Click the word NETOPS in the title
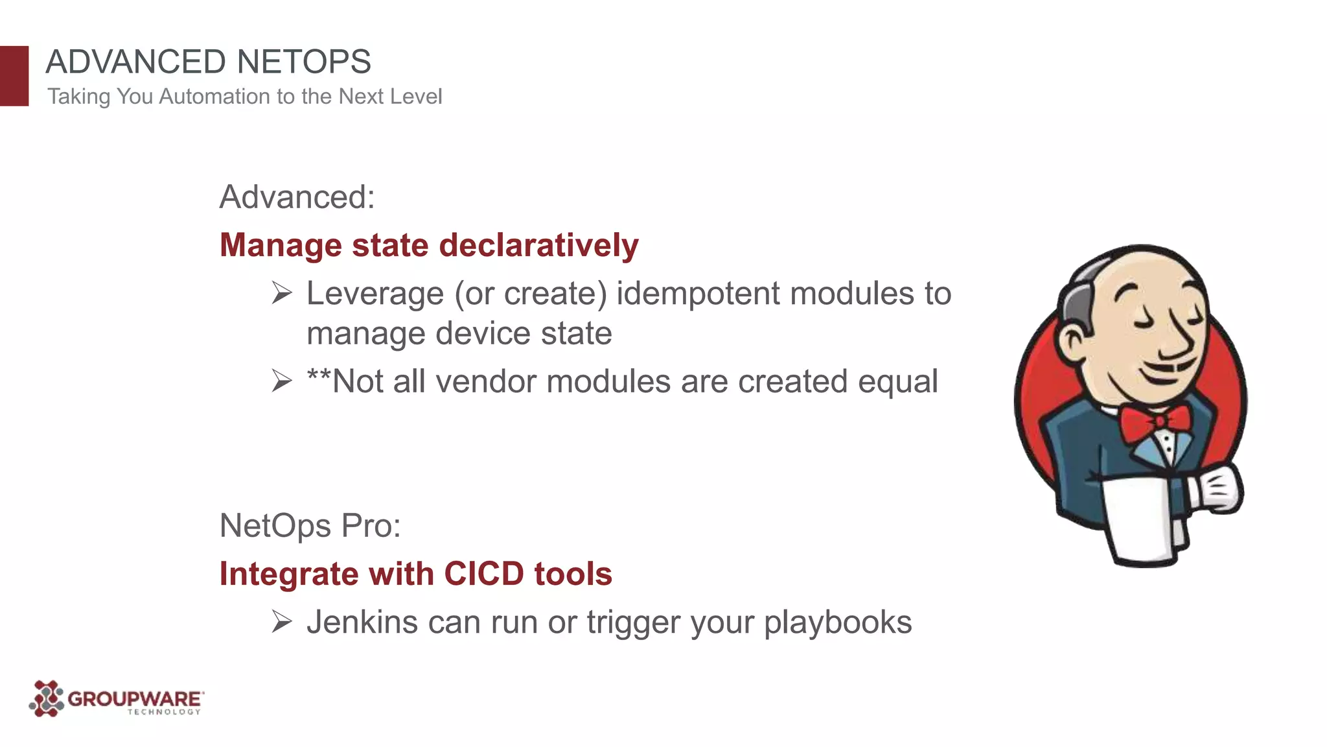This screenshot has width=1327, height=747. (303, 62)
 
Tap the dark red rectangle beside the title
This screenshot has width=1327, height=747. (14, 76)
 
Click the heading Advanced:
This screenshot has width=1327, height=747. (297, 197)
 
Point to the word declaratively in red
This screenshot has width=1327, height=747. (538, 246)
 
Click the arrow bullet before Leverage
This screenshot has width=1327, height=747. (282, 293)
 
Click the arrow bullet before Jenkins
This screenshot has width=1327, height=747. (282, 622)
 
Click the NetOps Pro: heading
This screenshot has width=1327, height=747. (310, 526)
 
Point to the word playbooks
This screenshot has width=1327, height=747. (837, 623)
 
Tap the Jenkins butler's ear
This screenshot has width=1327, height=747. (1072, 342)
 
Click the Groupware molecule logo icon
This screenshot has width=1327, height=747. (46, 699)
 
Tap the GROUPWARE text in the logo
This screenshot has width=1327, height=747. (134, 699)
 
